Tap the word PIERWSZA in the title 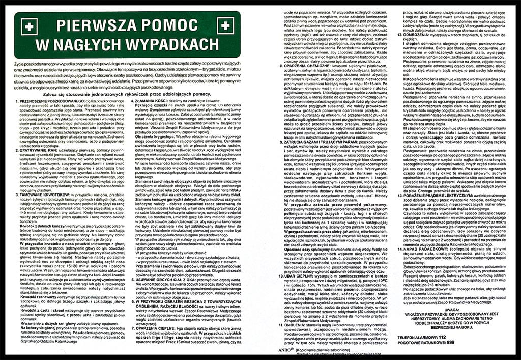[94, 25]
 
